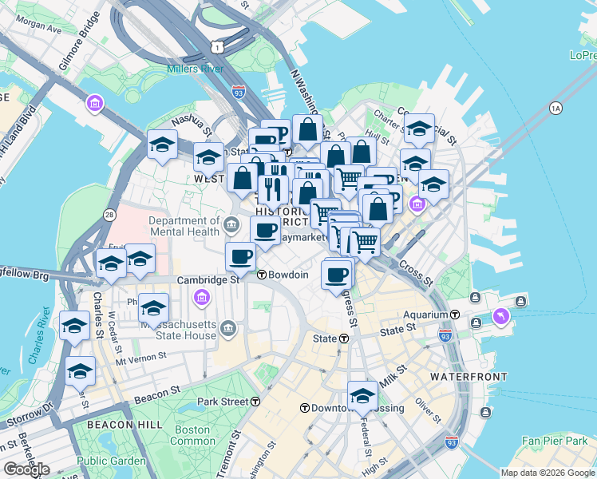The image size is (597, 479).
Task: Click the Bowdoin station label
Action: (x=288, y=275)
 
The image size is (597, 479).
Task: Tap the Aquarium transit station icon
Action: (x=455, y=315)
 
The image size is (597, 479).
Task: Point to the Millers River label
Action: (x=194, y=69)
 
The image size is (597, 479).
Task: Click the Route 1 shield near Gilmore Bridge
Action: (x=217, y=48)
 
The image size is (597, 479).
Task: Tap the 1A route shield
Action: (x=555, y=107)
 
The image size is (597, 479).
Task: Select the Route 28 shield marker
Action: (x=109, y=215)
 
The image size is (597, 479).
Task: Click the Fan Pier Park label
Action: (x=553, y=441)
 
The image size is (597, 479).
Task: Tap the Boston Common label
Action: (x=193, y=435)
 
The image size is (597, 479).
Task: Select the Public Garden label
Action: (x=105, y=461)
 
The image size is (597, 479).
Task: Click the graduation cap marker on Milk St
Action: (x=363, y=396)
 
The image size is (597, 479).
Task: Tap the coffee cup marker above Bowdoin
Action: (x=240, y=256)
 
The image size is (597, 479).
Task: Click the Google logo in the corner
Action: (x=26, y=469)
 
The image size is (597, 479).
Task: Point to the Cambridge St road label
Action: (x=208, y=280)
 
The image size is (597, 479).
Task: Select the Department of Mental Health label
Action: (x=184, y=227)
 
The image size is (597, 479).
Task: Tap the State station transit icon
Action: (x=343, y=338)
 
